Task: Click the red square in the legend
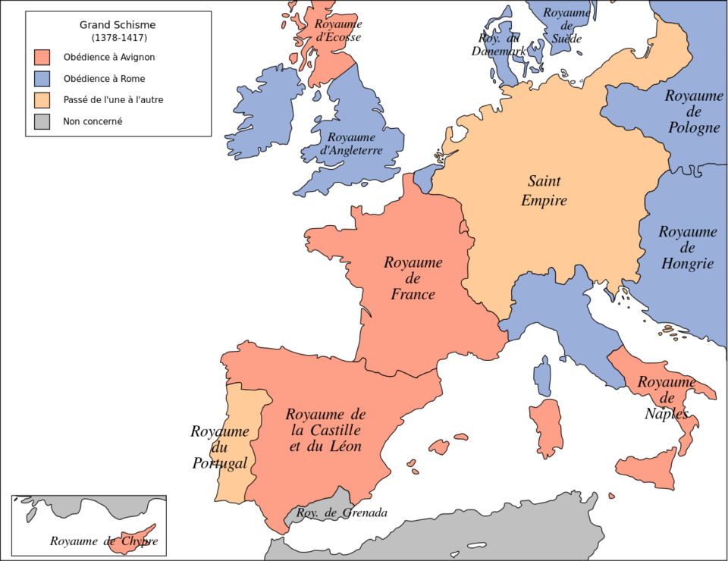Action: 42,58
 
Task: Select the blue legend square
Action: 42,79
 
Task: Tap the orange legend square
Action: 42,100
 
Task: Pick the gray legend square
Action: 42,121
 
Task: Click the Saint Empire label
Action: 544,191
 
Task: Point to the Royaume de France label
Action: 413,278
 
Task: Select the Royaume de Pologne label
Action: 693,111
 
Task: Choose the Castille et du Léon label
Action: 325,431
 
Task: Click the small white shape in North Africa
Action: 475,545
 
